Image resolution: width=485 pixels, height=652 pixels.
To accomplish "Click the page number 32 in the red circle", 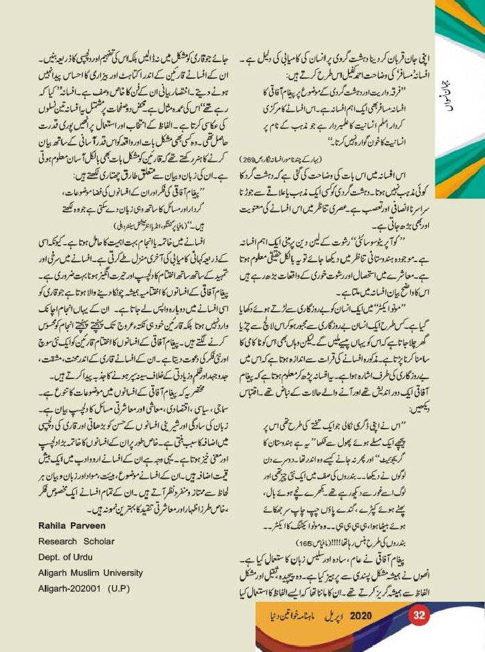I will pos(420,615).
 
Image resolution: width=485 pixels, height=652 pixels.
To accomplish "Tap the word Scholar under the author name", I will pos(100,540).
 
